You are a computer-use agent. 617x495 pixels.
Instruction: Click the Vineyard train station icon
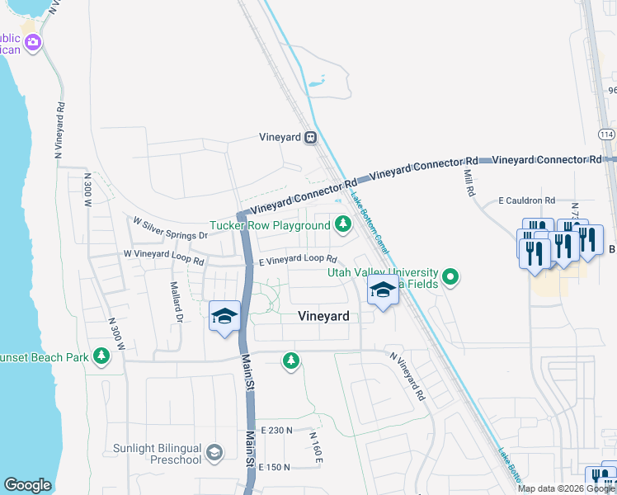click(x=311, y=138)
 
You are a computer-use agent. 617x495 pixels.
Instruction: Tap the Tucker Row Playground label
click(x=270, y=225)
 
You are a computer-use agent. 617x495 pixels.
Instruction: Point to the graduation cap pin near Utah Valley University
click(x=382, y=291)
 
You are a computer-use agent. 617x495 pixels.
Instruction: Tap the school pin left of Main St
click(x=224, y=318)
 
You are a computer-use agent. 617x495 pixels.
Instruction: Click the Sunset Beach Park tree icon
click(x=101, y=356)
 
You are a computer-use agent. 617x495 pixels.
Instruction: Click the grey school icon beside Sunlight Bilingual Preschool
click(x=214, y=452)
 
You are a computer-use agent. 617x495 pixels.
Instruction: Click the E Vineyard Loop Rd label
click(x=298, y=259)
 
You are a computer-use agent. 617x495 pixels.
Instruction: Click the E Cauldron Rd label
click(x=526, y=200)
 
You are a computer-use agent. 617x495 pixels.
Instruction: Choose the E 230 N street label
click(x=276, y=431)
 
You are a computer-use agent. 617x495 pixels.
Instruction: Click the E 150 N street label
click(x=275, y=467)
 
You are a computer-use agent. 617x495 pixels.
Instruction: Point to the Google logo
click(x=27, y=485)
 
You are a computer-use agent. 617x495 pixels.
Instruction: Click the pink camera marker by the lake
click(x=32, y=42)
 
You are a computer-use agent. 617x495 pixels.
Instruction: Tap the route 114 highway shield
click(x=607, y=134)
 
